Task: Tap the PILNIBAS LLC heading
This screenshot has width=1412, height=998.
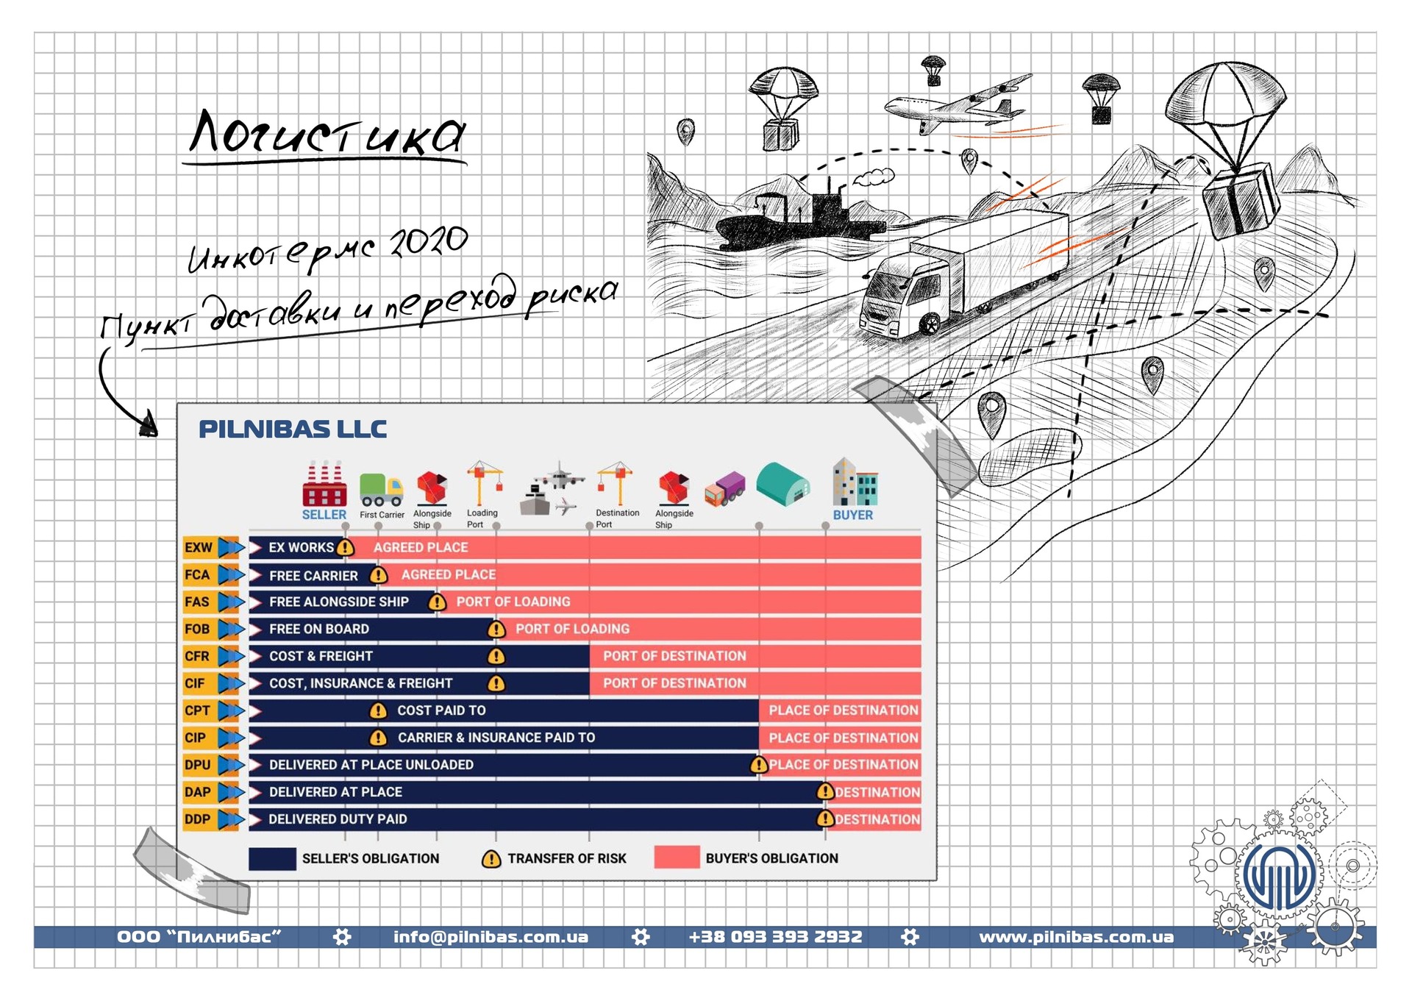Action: tap(293, 430)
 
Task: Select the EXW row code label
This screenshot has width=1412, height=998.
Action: tap(199, 548)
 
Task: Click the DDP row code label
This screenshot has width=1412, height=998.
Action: tap(198, 819)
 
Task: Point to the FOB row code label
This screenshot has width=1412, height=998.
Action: tap(198, 629)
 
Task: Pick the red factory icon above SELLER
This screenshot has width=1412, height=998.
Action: tap(324, 484)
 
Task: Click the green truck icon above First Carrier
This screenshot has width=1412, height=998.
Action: tap(381, 490)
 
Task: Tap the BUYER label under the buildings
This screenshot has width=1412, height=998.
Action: tap(853, 515)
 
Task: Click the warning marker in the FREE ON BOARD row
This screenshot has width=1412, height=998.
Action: tap(496, 630)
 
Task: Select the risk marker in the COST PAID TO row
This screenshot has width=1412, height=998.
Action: tap(378, 710)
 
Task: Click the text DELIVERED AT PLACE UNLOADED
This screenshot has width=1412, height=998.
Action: tap(371, 765)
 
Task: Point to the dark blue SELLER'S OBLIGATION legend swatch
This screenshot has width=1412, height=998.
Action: tap(272, 859)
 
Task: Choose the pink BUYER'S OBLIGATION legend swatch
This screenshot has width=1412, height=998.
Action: tap(677, 858)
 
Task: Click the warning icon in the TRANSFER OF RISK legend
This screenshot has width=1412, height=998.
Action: tap(491, 859)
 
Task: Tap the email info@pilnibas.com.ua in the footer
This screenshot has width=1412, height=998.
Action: tap(491, 937)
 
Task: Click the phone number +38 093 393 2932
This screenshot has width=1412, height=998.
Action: tap(775, 937)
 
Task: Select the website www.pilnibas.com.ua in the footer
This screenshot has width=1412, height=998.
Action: tap(1076, 937)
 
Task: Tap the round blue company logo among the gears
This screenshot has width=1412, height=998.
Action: tap(1280, 875)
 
